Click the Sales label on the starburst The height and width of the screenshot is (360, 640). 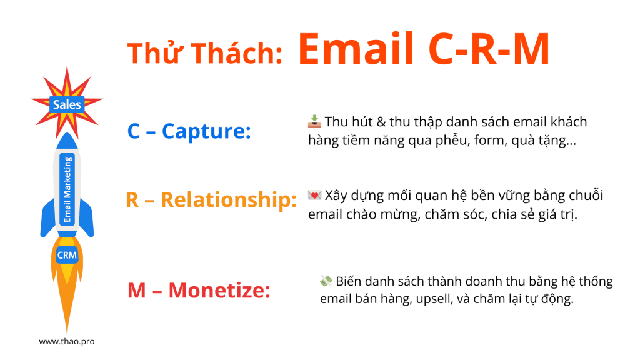67,104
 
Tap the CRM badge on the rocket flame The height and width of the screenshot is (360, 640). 67,255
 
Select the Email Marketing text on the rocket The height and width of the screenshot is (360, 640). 67,189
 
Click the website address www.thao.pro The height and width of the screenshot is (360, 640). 67,341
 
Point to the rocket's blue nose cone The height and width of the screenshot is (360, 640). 67,141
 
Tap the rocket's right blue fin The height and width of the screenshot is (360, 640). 87,218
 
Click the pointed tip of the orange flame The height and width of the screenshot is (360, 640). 67,334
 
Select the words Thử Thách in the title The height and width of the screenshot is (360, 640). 205,53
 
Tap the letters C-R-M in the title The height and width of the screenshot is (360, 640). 489,49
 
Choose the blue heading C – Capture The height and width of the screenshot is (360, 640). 189,131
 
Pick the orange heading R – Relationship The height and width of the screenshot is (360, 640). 211,199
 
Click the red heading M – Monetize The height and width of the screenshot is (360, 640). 199,290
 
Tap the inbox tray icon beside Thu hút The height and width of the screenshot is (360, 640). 314,122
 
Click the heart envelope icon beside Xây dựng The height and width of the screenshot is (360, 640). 314,195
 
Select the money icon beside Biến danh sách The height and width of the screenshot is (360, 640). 326,281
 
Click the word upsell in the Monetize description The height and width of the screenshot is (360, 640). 434,299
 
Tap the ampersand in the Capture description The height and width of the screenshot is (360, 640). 381,122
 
